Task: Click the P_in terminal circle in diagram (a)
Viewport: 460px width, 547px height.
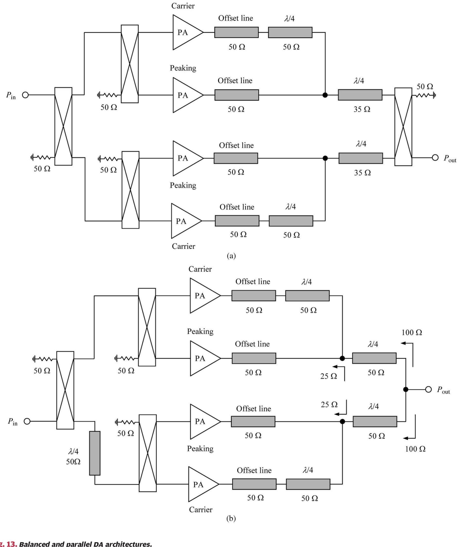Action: [25, 95]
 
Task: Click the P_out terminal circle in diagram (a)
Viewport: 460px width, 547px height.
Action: [435, 158]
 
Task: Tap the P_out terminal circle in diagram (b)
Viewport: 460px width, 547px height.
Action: [428, 389]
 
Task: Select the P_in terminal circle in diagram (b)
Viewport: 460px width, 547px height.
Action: [27, 421]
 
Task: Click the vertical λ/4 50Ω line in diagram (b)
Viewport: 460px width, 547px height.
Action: [95, 453]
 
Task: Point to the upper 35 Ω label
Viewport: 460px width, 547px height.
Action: [362, 109]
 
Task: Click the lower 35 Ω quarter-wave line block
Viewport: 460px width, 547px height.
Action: [361, 158]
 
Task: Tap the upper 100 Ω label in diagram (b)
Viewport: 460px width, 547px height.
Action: [411, 332]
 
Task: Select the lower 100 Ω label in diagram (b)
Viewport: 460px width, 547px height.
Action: [415, 449]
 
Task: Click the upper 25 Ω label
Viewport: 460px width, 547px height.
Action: [328, 376]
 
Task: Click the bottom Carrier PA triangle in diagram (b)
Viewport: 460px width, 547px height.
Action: [202, 484]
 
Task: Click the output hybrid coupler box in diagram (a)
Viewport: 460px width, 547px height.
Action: [403, 127]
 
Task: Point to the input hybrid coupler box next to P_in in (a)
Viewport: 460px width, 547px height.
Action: [63, 126]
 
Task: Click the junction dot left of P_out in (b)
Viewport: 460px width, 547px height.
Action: [406, 389]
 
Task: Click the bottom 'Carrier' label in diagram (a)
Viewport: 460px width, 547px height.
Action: [183, 246]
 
